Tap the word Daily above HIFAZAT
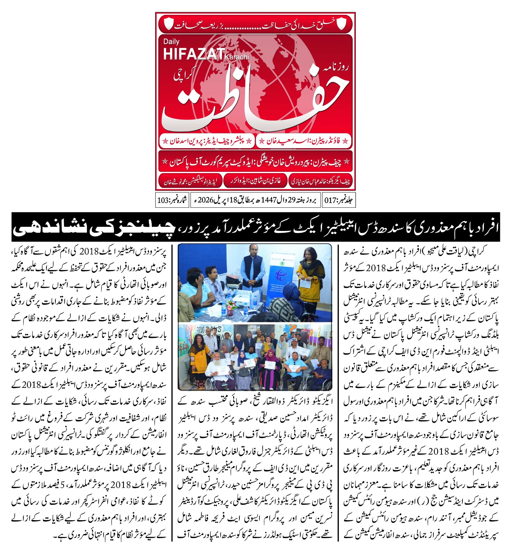(x=171, y=42)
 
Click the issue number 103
(x=163, y=200)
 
